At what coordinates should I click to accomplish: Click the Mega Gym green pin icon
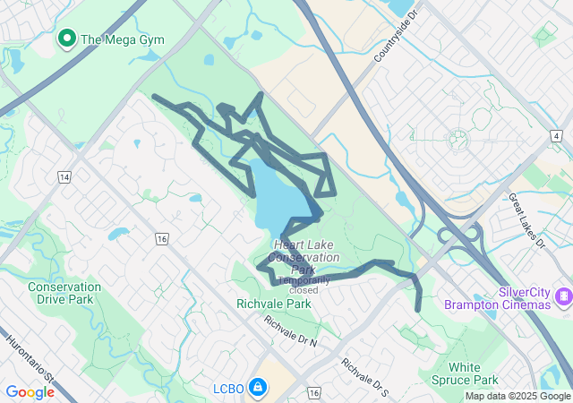point(65,39)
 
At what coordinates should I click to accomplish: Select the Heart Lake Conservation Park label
point(307,258)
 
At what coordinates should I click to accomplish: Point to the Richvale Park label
point(274,304)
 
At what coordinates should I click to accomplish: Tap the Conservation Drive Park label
point(64,293)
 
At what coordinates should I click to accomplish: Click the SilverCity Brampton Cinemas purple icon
point(563,295)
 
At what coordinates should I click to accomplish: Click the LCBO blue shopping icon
point(257,387)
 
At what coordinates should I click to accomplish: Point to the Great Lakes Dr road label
point(526,219)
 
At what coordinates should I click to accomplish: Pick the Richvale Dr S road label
point(365,377)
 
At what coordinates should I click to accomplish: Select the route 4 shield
point(557,135)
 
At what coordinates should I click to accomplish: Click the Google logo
point(30,392)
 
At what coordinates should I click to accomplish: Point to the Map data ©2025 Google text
point(517,396)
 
